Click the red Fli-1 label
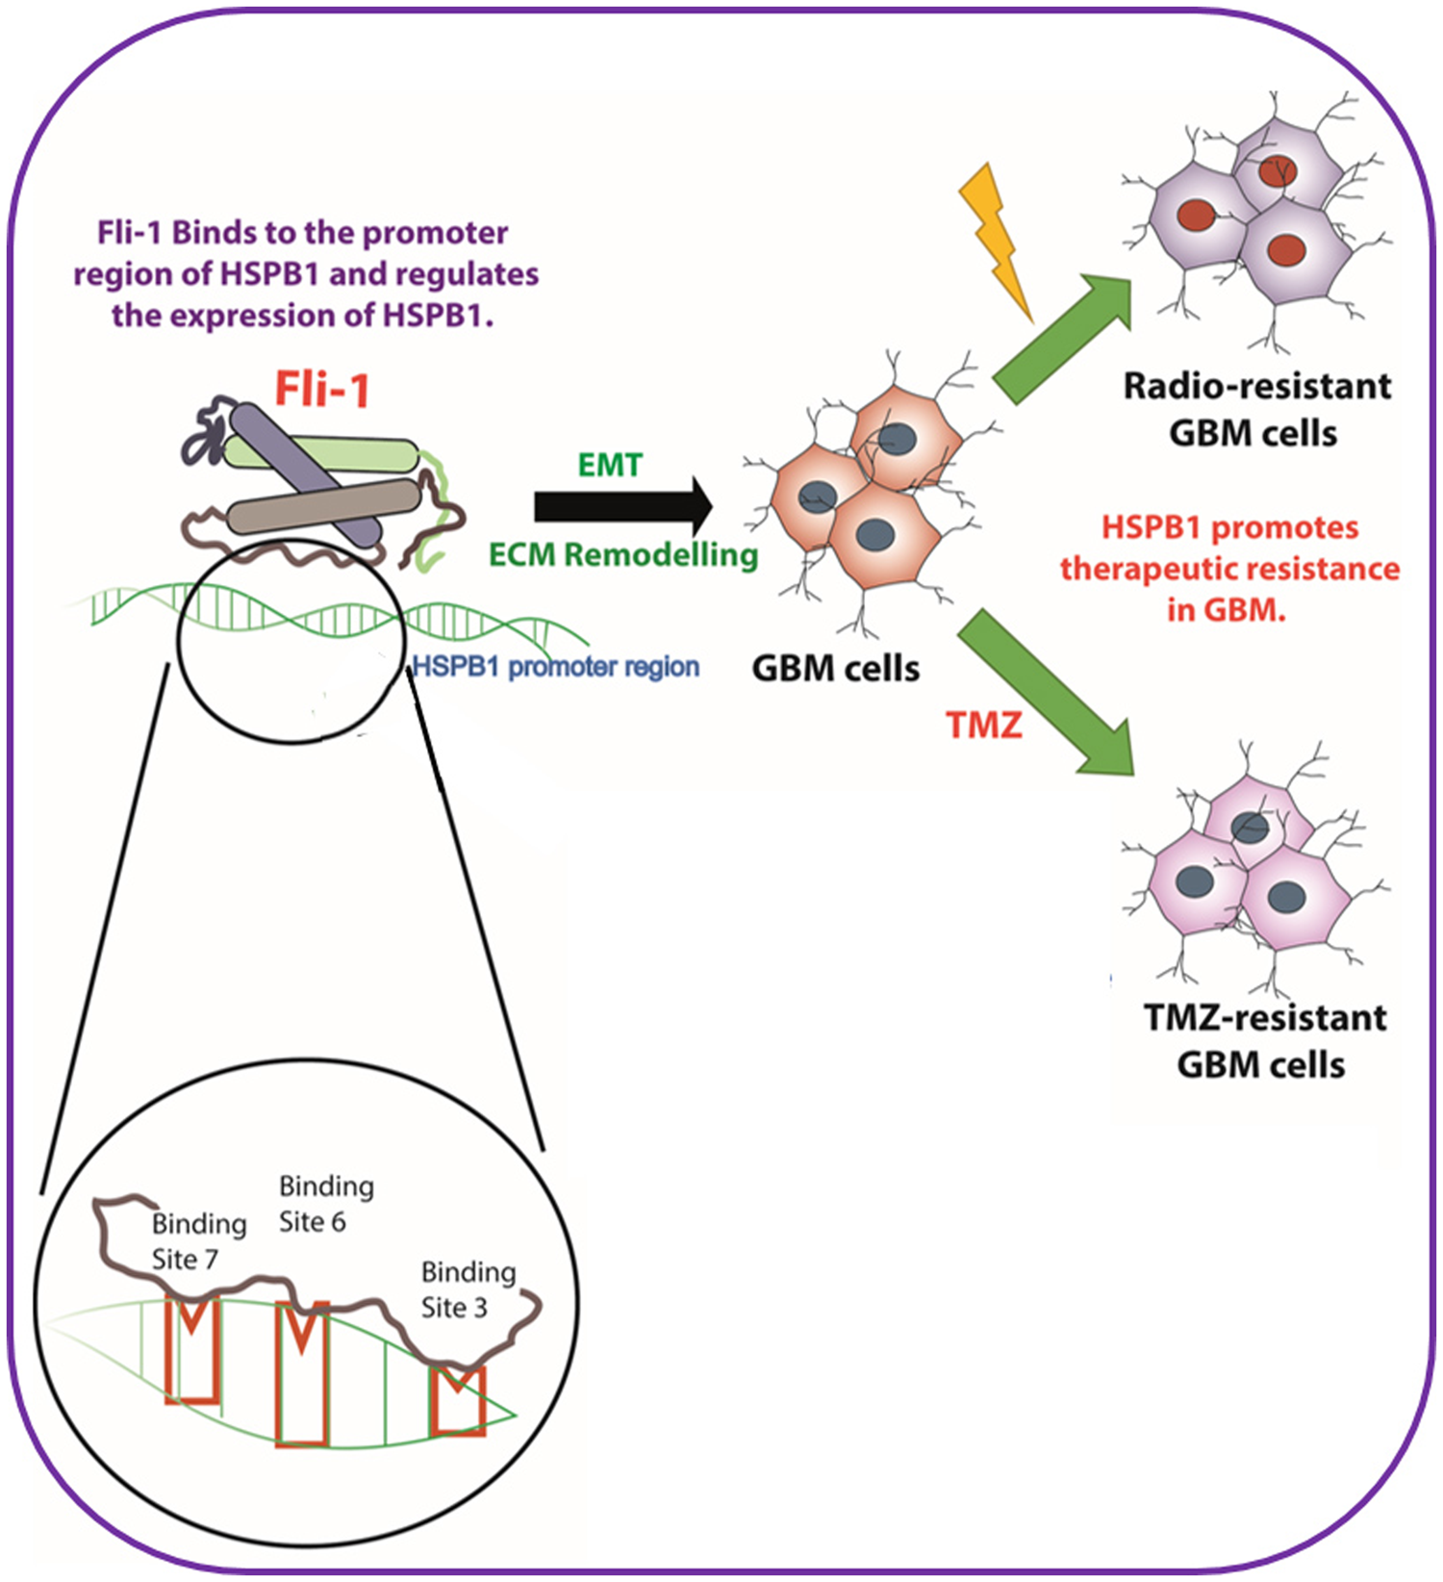click(x=322, y=391)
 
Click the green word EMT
click(x=610, y=466)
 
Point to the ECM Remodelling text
click(x=623, y=555)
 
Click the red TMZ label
click(x=983, y=725)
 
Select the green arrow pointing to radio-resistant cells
click(x=1063, y=337)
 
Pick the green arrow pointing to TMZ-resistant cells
click(x=1049, y=693)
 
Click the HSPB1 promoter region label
click(x=556, y=667)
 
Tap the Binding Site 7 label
click(x=198, y=1241)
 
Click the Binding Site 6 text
click(x=325, y=1204)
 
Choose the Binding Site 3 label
click(x=468, y=1289)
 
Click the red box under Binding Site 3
click(x=458, y=1400)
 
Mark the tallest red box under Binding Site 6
click(x=303, y=1376)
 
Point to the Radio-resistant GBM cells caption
click(x=1255, y=410)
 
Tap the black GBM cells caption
click(x=835, y=669)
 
